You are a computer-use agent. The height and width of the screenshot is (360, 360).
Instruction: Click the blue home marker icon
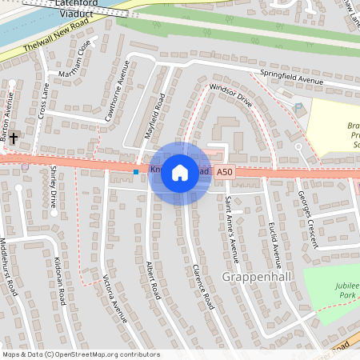pyautogui.click(x=180, y=173)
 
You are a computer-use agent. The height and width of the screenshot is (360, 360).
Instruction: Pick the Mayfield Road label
pyautogui.click(x=154, y=117)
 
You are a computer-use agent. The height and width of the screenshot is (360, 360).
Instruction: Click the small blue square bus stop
pyautogui.click(x=137, y=171)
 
